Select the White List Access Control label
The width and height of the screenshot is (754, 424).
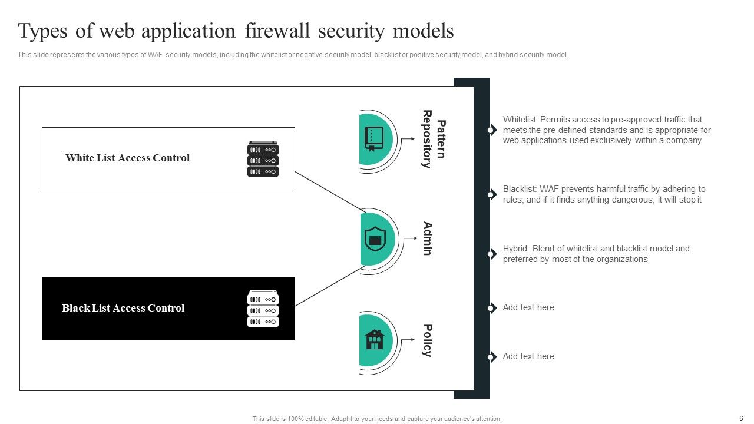[127, 158]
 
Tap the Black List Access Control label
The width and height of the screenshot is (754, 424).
[123, 308]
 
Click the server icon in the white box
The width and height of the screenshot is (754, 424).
[263, 159]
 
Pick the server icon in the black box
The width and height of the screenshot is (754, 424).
[263, 309]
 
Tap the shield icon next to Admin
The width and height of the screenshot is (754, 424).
[375, 239]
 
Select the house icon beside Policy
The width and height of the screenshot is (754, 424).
[375, 340]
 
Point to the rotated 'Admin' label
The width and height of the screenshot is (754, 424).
[428, 238]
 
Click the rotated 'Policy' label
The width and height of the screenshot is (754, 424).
[428, 340]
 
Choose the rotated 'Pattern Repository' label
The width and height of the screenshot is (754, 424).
[434, 140]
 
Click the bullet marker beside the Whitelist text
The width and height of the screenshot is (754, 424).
[491, 130]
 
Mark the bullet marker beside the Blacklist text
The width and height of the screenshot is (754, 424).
[491, 194]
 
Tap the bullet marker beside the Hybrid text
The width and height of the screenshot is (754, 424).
[491, 254]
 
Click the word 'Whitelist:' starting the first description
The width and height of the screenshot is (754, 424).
[520, 120]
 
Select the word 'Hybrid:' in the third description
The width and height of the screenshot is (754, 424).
[517, 249]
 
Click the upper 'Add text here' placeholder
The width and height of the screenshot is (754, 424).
[528, 307]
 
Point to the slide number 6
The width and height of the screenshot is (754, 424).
[741, 419]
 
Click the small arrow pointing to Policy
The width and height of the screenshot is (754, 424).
[408, 340]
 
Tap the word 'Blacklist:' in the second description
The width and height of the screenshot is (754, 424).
[520, 190]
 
